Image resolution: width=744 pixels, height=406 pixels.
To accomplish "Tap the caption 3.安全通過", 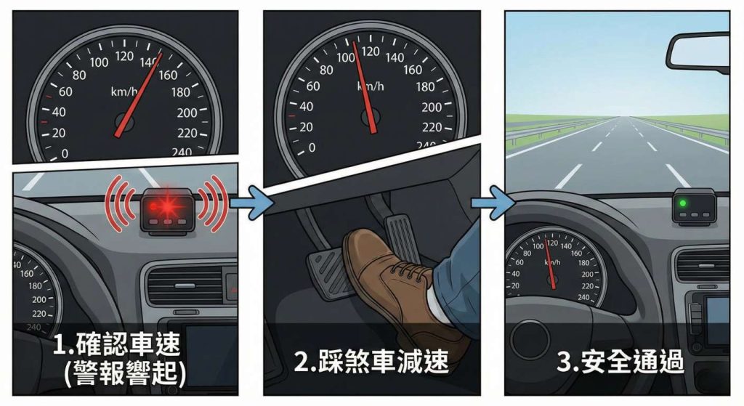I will point(620,361).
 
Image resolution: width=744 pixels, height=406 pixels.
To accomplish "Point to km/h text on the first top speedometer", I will point(124,92).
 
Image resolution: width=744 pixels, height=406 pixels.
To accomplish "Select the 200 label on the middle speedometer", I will point(432,107).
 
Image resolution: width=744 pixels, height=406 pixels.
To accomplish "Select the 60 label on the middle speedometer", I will point(313,86).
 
